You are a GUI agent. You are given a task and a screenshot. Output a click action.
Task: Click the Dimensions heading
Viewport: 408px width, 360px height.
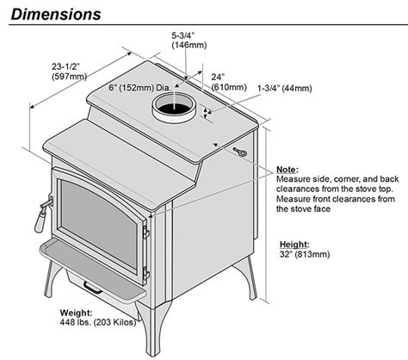56,14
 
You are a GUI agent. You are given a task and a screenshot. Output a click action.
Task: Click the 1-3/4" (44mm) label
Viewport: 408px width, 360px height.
284,88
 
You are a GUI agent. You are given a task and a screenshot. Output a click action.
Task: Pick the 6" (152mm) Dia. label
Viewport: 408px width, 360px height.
139,88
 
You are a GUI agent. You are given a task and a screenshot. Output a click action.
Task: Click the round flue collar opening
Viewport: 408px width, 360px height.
174,107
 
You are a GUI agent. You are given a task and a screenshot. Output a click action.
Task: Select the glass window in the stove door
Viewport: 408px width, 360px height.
99,224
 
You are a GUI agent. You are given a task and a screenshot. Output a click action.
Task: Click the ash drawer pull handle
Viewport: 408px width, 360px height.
92,288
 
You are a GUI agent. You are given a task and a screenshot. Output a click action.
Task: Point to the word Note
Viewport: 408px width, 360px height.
287,170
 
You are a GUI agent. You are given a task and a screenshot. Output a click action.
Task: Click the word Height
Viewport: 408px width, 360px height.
294,245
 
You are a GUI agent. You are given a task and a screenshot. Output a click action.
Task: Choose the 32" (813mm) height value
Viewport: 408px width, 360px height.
305,254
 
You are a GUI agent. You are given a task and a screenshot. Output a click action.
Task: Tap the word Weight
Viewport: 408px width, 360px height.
76,313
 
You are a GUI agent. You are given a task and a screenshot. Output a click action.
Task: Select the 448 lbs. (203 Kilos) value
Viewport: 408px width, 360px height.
98,322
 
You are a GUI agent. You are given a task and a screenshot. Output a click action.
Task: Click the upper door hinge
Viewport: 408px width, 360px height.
146,233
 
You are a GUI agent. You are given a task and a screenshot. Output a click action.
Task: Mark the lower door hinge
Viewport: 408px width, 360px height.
146,273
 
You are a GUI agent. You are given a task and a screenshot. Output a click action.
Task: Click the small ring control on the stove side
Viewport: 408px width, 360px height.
240,152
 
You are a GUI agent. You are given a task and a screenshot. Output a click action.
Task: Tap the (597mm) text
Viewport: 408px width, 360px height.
70,77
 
